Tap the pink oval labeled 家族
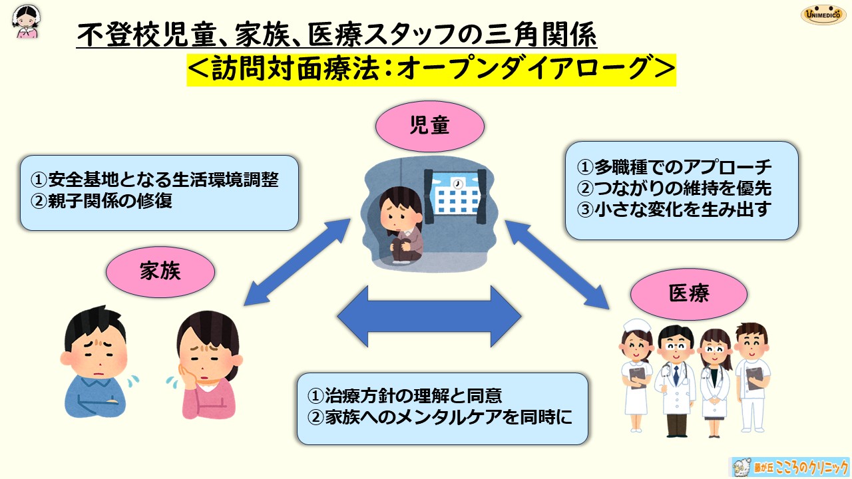[160, 271]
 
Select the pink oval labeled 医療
[689, 293]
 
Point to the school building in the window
[459, 198]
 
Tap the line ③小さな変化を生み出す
[674, 210]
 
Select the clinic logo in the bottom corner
[789, 467]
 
